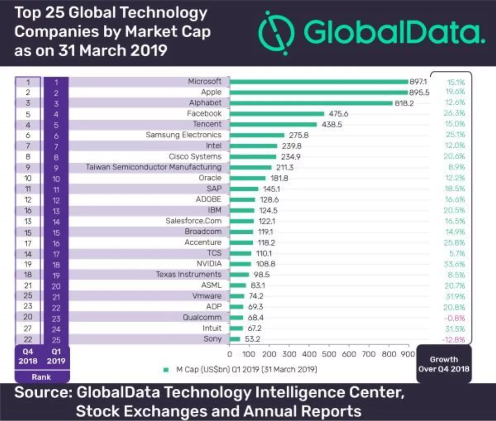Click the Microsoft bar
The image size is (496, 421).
319,82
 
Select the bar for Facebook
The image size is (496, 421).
277,114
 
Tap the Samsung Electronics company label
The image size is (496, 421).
184,135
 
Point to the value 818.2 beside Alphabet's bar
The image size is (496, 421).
404,103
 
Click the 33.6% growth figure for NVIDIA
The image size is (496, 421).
455,264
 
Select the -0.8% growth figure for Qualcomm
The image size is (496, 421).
454,318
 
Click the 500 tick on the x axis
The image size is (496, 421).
329,354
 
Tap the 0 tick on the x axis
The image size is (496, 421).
230,354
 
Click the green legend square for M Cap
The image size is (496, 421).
166,370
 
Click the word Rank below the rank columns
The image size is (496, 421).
41,377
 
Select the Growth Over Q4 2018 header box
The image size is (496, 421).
444,364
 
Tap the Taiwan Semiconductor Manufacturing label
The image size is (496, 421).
153,167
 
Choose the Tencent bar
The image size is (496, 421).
273,124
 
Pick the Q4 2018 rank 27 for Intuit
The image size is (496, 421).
28,328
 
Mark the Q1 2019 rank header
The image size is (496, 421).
56,356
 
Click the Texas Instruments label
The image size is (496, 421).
188,275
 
